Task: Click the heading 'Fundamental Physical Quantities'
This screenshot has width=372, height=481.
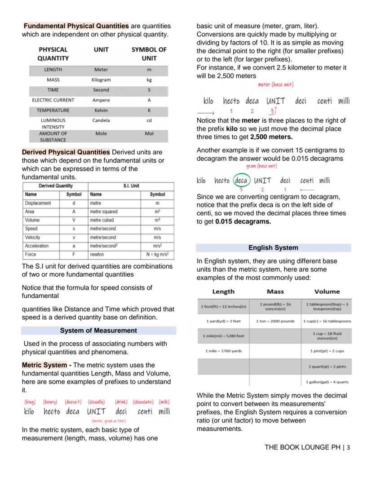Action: tap(76, 26)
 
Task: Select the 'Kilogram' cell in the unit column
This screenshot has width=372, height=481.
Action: tap(101, 80)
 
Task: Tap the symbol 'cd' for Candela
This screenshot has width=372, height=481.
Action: tap(149, 120)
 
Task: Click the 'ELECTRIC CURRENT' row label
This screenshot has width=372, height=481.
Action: tap(53, 100)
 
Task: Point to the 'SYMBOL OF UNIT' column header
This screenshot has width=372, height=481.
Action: tap(149, 54)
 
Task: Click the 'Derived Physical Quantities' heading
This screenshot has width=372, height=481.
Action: tap(66, 152)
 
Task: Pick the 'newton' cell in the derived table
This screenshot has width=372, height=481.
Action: tap(97, 254)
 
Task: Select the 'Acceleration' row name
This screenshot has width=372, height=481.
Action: tap(37, 246)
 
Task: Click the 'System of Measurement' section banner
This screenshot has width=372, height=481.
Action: tap(98, 331)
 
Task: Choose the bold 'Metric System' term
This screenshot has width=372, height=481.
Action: tap(44, 365)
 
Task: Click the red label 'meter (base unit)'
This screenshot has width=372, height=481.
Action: tap(275, 84)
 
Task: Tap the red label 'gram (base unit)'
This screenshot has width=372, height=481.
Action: tap(261, 166)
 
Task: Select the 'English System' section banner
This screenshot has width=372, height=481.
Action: tap(273, 247)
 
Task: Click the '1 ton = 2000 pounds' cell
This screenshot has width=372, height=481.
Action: tap(275, 321)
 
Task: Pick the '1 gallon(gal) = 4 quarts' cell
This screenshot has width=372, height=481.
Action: tap(327, 382)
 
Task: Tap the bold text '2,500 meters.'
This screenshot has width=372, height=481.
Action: tap(271, 137)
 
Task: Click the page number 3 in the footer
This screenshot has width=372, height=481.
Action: tap(348, 447)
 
